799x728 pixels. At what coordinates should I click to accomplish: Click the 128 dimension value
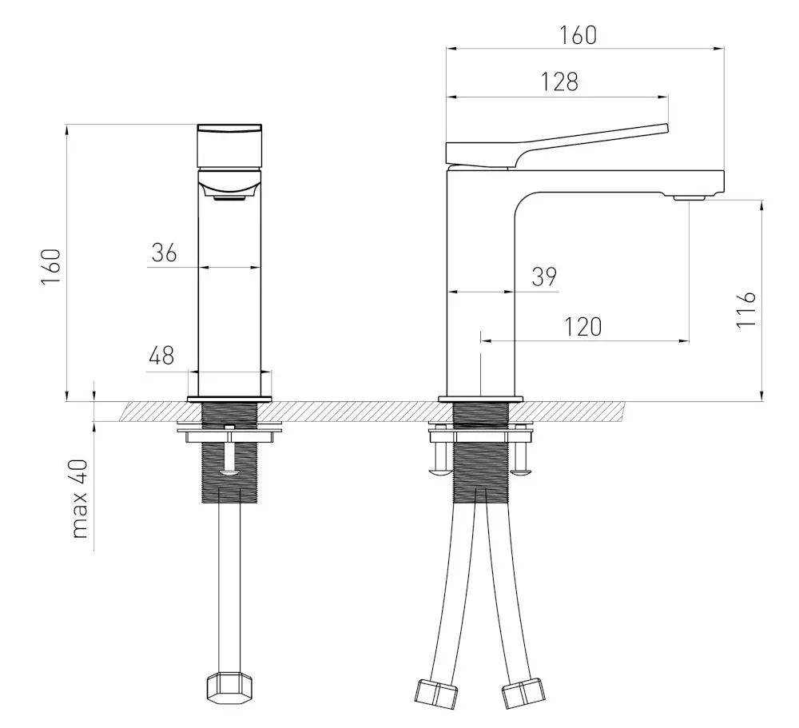click(x=559, y=82)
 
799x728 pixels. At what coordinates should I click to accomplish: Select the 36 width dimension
click(x=164, y=253)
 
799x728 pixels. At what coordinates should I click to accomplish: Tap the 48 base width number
click(x=161, y=356)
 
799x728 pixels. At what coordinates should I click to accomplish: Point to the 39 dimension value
click(x=544, y=276)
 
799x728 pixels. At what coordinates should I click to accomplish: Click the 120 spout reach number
click(x=583, y=327)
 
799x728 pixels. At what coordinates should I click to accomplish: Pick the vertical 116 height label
click(x=746, y=309)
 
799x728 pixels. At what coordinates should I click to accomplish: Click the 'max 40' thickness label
click(x=80, y=499)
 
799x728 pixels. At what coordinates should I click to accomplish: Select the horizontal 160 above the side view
click(x=578, y=35)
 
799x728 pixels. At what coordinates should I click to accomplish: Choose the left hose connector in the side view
click(x=435, y=694)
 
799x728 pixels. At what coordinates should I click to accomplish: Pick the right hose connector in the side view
click(x=523, y=693)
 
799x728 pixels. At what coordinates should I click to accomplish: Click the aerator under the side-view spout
click(x=689, y=197)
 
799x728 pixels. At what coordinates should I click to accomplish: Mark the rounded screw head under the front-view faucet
click(x=229, y=473)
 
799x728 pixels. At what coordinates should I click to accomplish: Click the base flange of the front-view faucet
click(x=229, y=399)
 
